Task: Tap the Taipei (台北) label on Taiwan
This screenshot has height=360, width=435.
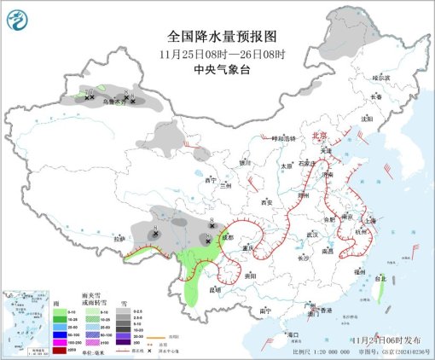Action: (381, 277)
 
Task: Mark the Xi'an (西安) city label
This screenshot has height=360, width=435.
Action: (264, 203)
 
